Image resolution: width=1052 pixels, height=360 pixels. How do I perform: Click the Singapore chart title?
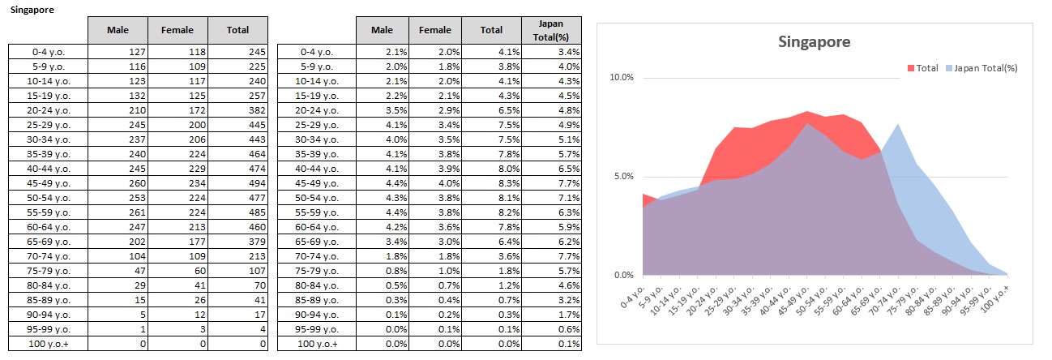point(814,42)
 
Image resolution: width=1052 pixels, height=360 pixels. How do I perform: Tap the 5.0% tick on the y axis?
point(622,177)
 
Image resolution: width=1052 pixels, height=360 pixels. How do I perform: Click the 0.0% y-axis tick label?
point(622,276)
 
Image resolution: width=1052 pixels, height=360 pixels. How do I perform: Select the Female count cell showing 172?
point(177,110)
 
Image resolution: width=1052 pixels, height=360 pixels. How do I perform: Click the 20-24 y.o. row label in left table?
point(49,110)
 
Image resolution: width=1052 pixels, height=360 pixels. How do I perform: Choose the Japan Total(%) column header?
point(553,30)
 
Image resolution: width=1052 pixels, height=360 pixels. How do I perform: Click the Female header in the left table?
point(177,30)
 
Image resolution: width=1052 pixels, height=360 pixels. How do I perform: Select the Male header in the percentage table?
point(382,30)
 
